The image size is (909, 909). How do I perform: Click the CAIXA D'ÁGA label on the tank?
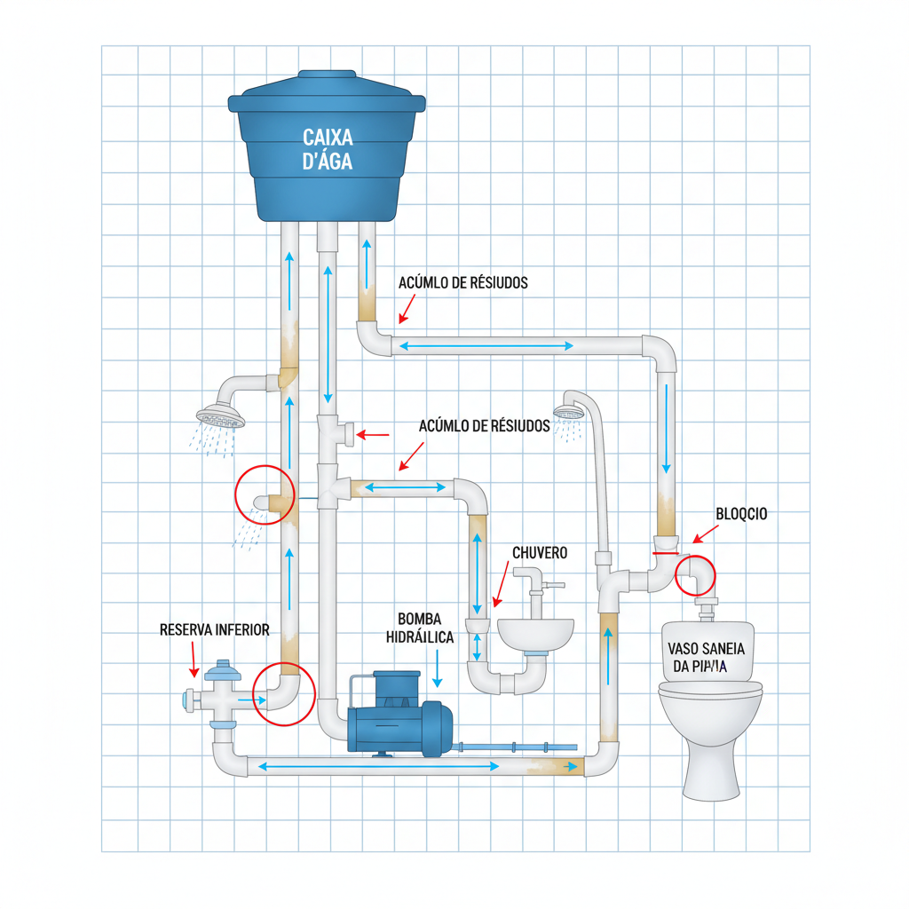[328, 150]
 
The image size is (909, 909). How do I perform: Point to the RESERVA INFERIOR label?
[214, 629]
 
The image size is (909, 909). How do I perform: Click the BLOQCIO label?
[741, 514]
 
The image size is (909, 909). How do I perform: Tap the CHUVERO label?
[540, 553]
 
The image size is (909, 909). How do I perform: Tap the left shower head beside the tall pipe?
[221, 415]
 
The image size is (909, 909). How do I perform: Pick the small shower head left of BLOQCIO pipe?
[568, 412]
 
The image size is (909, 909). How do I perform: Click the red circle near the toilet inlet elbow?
[695, 575]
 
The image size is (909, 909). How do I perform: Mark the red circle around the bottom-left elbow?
[283, 694]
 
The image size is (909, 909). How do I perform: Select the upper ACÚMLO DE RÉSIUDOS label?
[463, 283]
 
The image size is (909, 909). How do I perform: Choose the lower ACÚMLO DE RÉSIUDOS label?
[485, 426]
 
